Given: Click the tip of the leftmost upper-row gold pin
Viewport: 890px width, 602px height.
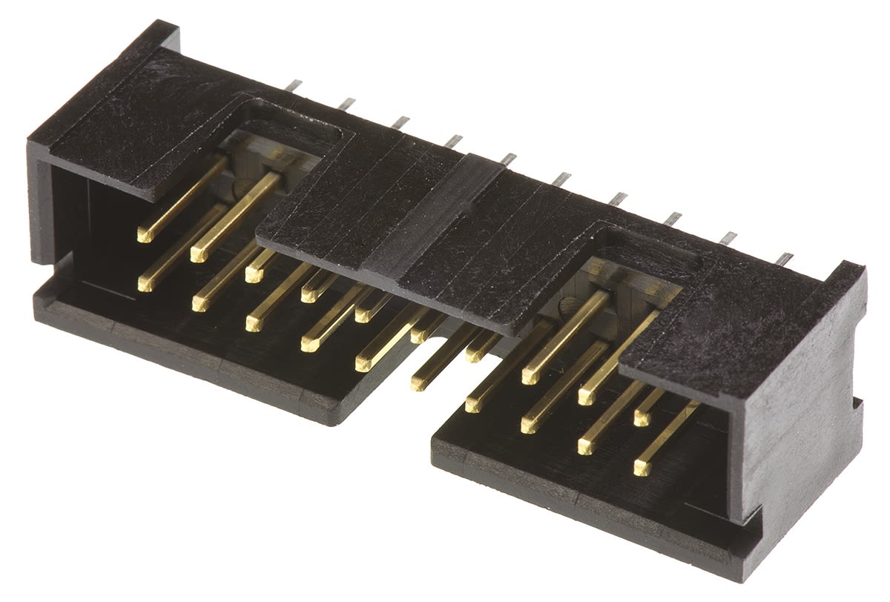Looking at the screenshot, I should tap(145, 235).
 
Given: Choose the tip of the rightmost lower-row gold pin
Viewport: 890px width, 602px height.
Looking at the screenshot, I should tap(642, 468).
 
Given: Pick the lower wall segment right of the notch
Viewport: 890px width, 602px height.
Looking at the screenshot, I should tap(578, 489).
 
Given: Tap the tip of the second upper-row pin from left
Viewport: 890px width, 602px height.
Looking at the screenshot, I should tap(198, 254).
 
